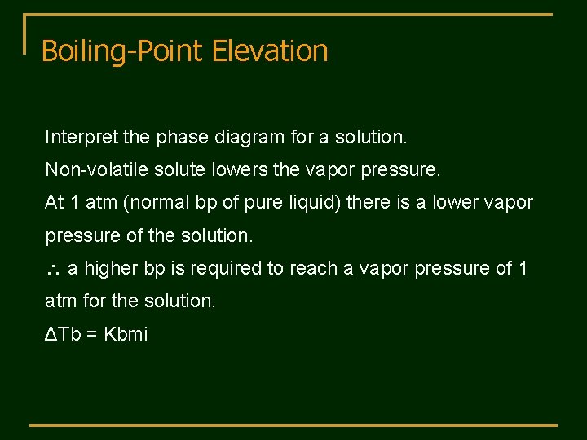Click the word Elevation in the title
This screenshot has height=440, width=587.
tap(270, 51)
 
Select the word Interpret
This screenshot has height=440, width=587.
tap(78, 137)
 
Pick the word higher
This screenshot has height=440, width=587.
tap(111, 267)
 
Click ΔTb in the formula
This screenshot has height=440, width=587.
tap(64, 333)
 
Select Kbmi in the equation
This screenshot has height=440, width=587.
tap(126, 333)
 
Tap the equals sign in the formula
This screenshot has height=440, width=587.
tap(93, 333)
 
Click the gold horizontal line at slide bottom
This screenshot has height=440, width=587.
tap(293, 425)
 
